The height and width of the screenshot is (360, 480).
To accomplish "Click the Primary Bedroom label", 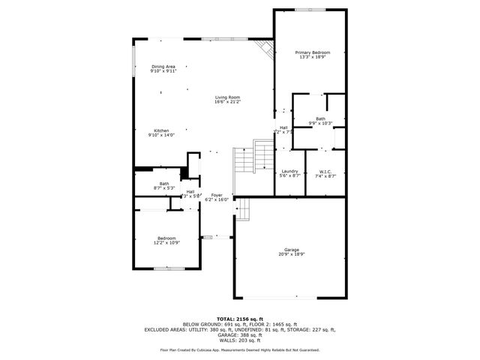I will tap(313, 52).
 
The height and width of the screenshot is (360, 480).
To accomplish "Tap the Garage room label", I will tap(291, 250).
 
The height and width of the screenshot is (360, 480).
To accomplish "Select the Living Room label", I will tap(227, 97).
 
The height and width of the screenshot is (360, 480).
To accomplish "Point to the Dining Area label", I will tap(163, 67).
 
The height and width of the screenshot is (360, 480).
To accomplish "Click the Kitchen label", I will tap(162, 130).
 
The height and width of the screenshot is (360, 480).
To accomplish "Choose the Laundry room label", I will tap(289, 171).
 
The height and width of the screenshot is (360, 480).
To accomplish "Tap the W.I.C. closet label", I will tap(325, 171).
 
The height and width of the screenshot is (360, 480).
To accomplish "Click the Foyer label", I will tap(217, 195).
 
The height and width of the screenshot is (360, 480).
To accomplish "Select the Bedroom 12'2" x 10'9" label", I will tap(166, 238).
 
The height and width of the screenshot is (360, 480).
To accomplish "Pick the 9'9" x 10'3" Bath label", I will tap(320, 118).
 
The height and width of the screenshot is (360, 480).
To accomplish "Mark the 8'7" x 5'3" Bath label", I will tap(163, 184).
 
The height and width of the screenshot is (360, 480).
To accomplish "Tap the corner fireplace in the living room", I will tap(263, 49).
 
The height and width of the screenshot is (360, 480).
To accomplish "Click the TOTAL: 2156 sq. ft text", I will tap(239, 319).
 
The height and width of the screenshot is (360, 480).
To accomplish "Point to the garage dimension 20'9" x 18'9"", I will tap(291, 254).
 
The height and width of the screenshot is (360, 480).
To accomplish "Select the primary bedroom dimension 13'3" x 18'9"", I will tap(313, 56).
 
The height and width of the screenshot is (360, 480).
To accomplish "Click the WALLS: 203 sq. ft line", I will tap(239, 341).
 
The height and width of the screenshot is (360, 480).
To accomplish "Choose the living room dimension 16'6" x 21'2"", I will tap(227, 101).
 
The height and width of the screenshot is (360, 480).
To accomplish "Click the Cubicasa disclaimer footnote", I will tap(239, 349).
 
